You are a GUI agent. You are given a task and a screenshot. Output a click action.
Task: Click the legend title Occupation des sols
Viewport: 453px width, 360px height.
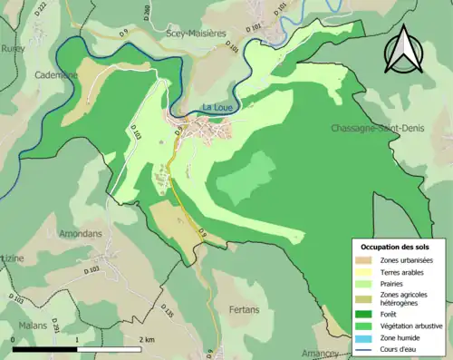tap(396, 246)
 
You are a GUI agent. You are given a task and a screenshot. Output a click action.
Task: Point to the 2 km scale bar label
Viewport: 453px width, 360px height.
tap(147, 339)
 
